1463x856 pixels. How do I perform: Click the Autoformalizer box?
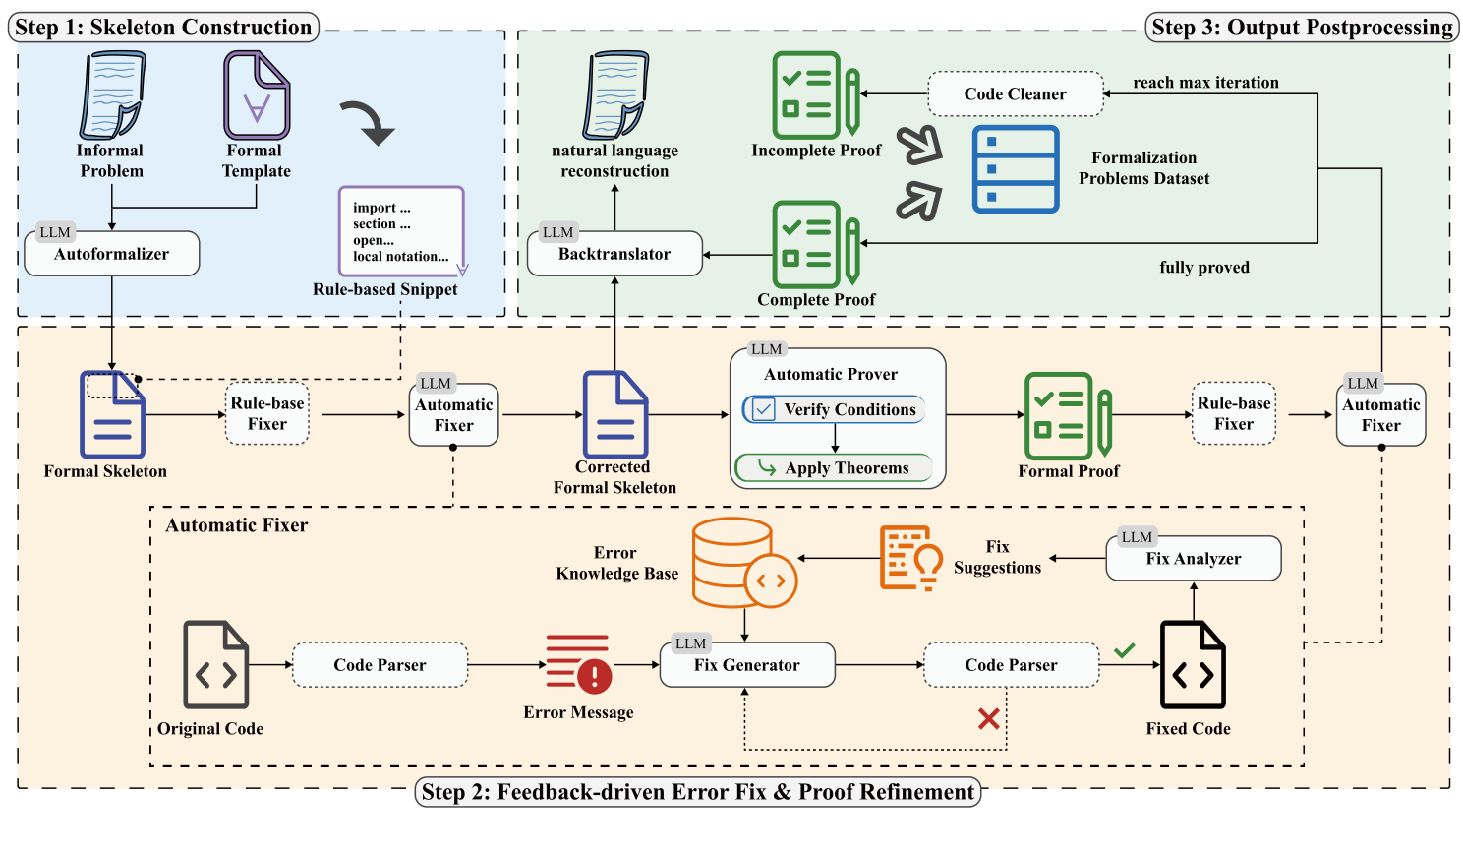click(x=112, y=254)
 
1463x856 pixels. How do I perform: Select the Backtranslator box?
click(x=614, y=254)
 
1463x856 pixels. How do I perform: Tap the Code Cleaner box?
click(x=1015, y=94)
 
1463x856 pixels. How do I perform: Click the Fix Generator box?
click(x=747, y=665)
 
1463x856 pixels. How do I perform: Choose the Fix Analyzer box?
click(x=1194, y=559)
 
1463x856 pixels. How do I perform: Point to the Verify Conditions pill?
click(x=834, y=409)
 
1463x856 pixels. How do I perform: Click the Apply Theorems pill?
click(x=834, y=468)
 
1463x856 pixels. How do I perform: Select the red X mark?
click(x=989, y=719)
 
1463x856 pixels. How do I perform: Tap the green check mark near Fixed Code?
click(x=1125, y=650)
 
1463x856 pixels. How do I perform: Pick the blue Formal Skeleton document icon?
click(x=112, y=414)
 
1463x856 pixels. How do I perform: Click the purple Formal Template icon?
click(x=257, y=95)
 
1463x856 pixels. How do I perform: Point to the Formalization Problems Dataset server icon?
click(x=1016, y=169)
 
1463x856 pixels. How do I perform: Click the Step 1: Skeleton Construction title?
click(x=163, y=28)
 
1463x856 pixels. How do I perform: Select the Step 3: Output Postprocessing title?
click(x=1302, y=28)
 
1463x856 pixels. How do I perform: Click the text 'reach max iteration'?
click(x=1205, y=83)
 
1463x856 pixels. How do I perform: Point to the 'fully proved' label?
click(x=1204, y=268)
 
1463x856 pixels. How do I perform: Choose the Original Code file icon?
click(x=216, y=665)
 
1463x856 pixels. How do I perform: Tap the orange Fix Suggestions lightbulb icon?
click(x=910, y=558)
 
